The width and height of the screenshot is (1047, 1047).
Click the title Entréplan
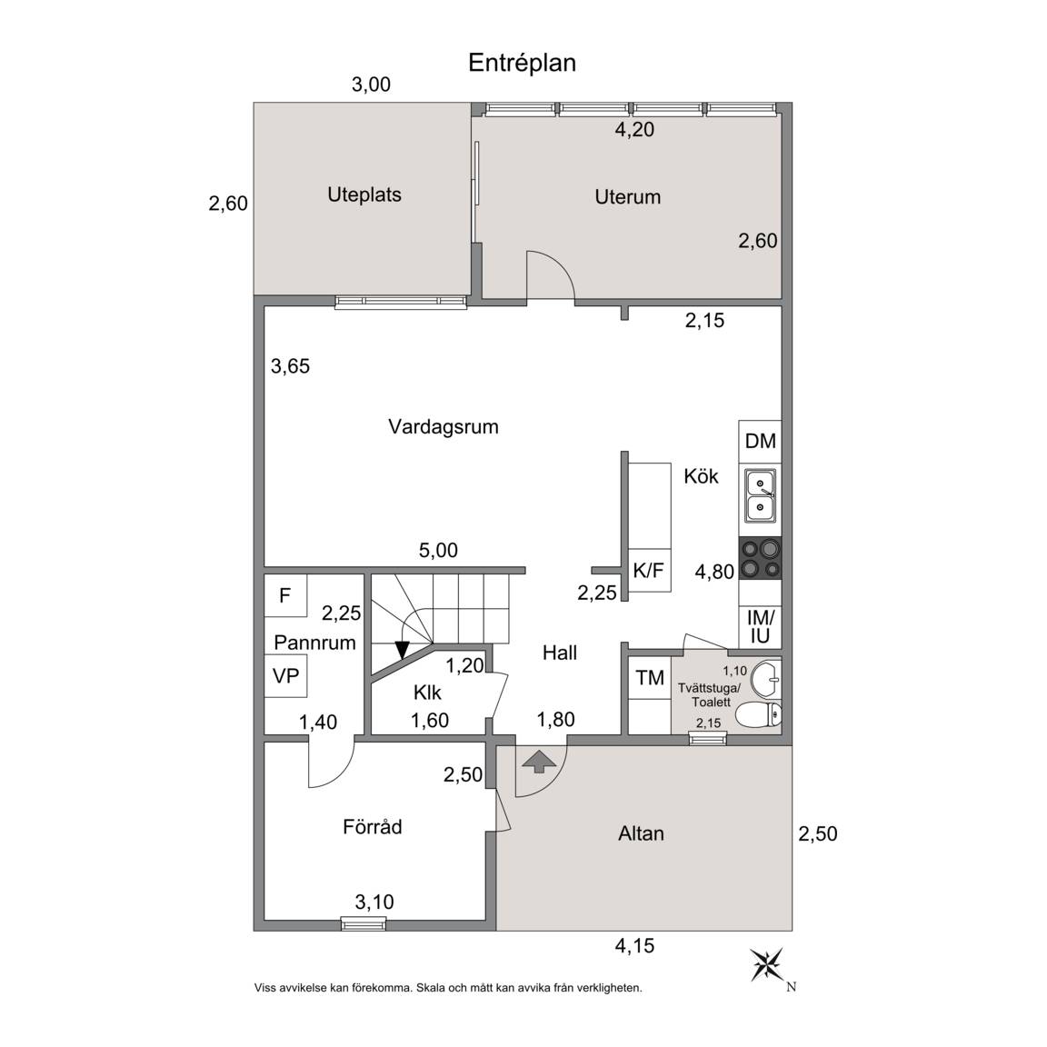tap(522, 63)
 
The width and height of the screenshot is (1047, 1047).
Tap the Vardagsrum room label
tap(444, 426)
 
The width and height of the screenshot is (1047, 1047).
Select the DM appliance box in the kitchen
tap(760, 442)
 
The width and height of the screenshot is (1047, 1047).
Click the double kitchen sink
tap(761, 496)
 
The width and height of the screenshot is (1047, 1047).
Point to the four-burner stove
tap(760, 558)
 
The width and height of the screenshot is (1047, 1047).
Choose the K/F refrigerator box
tap(650, 570)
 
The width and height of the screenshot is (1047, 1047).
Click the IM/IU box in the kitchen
tap(760, 626)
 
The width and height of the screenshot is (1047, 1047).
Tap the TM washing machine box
tap(650, 678)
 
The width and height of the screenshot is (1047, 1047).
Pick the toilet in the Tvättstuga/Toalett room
tap(759, 714)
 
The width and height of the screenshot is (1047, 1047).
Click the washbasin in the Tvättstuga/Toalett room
tap(766, 679)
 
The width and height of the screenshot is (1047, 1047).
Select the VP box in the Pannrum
tap(285, 676)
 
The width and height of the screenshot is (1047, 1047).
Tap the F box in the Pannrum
tap(285, 595)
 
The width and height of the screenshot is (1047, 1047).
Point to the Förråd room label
tap(373, 827)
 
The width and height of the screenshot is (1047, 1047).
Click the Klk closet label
tap(427, 693)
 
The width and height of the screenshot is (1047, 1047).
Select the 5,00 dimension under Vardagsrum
tap(438, 550)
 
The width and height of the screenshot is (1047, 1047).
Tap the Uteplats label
tap(364, 195)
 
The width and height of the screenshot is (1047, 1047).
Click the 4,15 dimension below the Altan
tap(634, 945)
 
